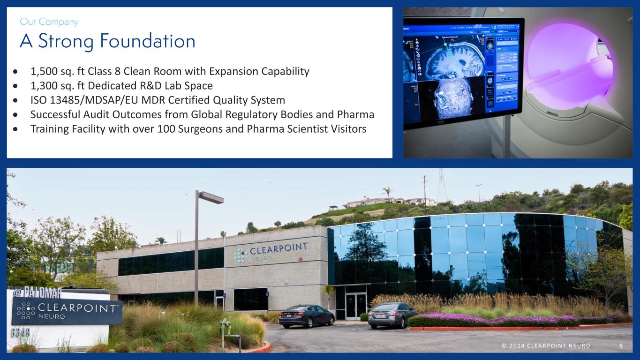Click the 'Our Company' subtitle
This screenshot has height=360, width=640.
[x=49, y=22]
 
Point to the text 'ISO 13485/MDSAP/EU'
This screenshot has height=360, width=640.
[x=80, y=100]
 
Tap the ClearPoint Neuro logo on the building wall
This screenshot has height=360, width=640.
[x=271, y=251]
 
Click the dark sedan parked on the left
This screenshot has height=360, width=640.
[x=306, y=315]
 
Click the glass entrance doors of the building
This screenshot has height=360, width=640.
[x=356, y=306]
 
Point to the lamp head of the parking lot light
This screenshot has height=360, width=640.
[x=210, y=197]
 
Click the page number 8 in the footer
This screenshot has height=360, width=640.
[x=621, y=345]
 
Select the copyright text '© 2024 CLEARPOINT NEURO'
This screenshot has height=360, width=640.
[x=546, y=345]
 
